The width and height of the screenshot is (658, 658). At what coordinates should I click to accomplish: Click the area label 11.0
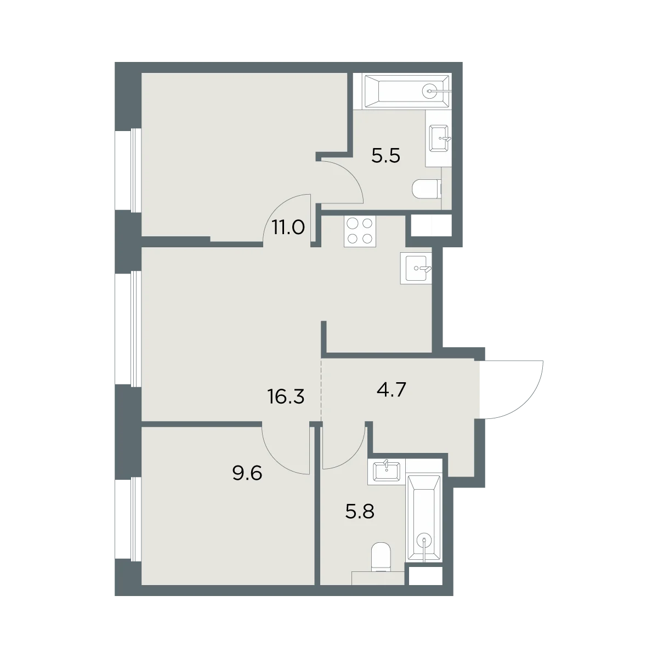tap(288, 228)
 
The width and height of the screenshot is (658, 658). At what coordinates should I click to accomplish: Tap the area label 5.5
tap(386, 156)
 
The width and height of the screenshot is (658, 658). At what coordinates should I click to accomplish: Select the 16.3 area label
tap(286, 398)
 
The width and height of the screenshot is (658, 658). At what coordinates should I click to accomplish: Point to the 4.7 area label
tap(392, 390)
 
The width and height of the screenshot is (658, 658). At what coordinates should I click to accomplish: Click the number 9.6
tap(247, 474)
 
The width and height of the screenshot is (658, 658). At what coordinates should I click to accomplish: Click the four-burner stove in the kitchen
tap(360, 231)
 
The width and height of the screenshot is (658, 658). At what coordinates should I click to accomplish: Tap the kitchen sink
tap(416, 268)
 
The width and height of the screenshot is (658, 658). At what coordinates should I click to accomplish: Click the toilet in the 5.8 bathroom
tap(381, 558)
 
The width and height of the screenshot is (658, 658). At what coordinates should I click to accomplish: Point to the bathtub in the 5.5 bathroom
tap(407, 91)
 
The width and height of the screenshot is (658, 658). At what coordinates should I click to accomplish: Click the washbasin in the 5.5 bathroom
tap(440, 138)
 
